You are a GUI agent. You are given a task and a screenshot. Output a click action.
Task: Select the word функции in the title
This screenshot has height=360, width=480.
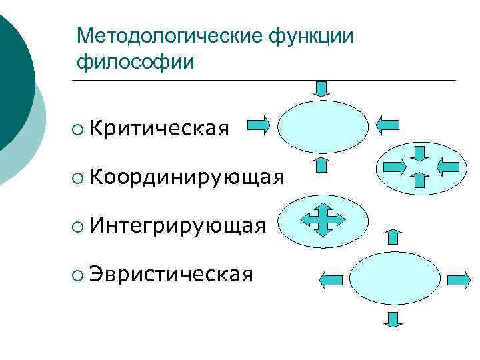[x=311, y=37]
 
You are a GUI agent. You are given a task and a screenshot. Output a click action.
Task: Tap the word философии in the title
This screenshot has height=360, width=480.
[x=136, y=63]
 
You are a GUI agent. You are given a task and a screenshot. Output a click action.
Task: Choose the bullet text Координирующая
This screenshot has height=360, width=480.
[x=186, y=177]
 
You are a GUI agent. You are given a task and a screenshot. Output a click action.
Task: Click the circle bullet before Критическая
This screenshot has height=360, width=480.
[x=79, y=126]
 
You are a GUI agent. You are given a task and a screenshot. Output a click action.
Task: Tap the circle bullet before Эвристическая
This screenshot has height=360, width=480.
[x=79, y=275]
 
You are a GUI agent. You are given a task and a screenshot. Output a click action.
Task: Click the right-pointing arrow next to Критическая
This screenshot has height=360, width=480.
[x=259, y=125]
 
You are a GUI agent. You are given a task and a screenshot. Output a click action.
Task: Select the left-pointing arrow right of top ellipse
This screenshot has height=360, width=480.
[x=387, y=125]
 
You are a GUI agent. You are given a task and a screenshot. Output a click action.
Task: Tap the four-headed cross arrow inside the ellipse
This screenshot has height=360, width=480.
[x=323, y=220]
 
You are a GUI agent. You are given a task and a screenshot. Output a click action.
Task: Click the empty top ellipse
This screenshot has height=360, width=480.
[x=323, y=126]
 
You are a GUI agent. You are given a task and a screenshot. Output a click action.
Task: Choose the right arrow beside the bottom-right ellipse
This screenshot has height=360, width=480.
[x=459, y=280]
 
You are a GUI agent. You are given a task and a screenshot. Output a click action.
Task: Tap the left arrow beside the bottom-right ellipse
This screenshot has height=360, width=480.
[x=332, y=281]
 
